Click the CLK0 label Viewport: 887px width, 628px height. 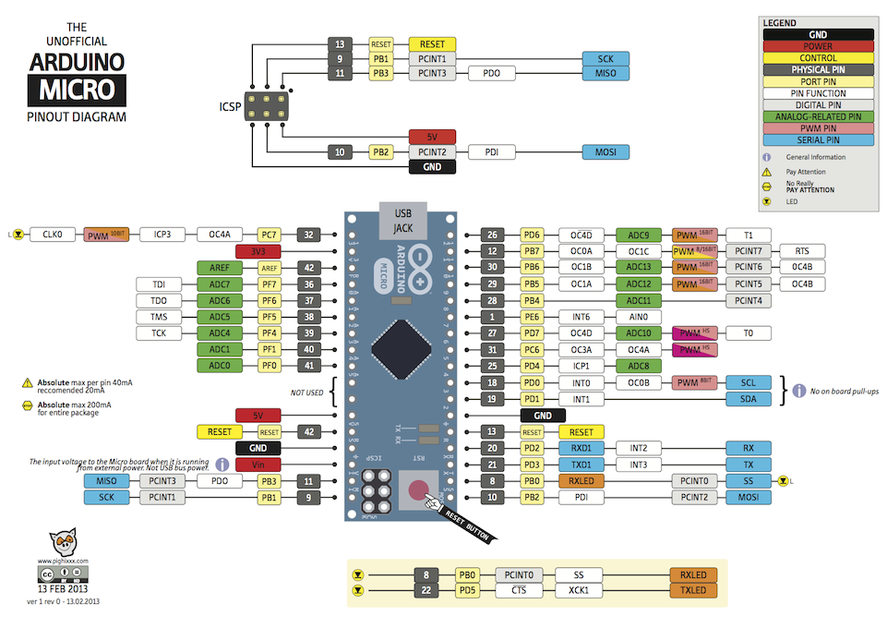53,235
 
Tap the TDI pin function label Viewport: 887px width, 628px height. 158,284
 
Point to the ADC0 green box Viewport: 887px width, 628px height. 219,367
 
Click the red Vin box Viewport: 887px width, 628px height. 258,465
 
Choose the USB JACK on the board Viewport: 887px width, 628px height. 402,220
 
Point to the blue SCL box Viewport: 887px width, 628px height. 748,382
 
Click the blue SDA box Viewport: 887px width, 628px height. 748,399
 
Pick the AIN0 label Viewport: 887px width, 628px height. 639,317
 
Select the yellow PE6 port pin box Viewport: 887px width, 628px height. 533,317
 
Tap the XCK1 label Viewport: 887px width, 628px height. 580,590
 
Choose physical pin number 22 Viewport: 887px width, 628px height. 426,590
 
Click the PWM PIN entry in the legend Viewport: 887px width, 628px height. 817,128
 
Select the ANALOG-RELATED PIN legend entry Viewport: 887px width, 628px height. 817,117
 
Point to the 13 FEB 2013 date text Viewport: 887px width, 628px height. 64,588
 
